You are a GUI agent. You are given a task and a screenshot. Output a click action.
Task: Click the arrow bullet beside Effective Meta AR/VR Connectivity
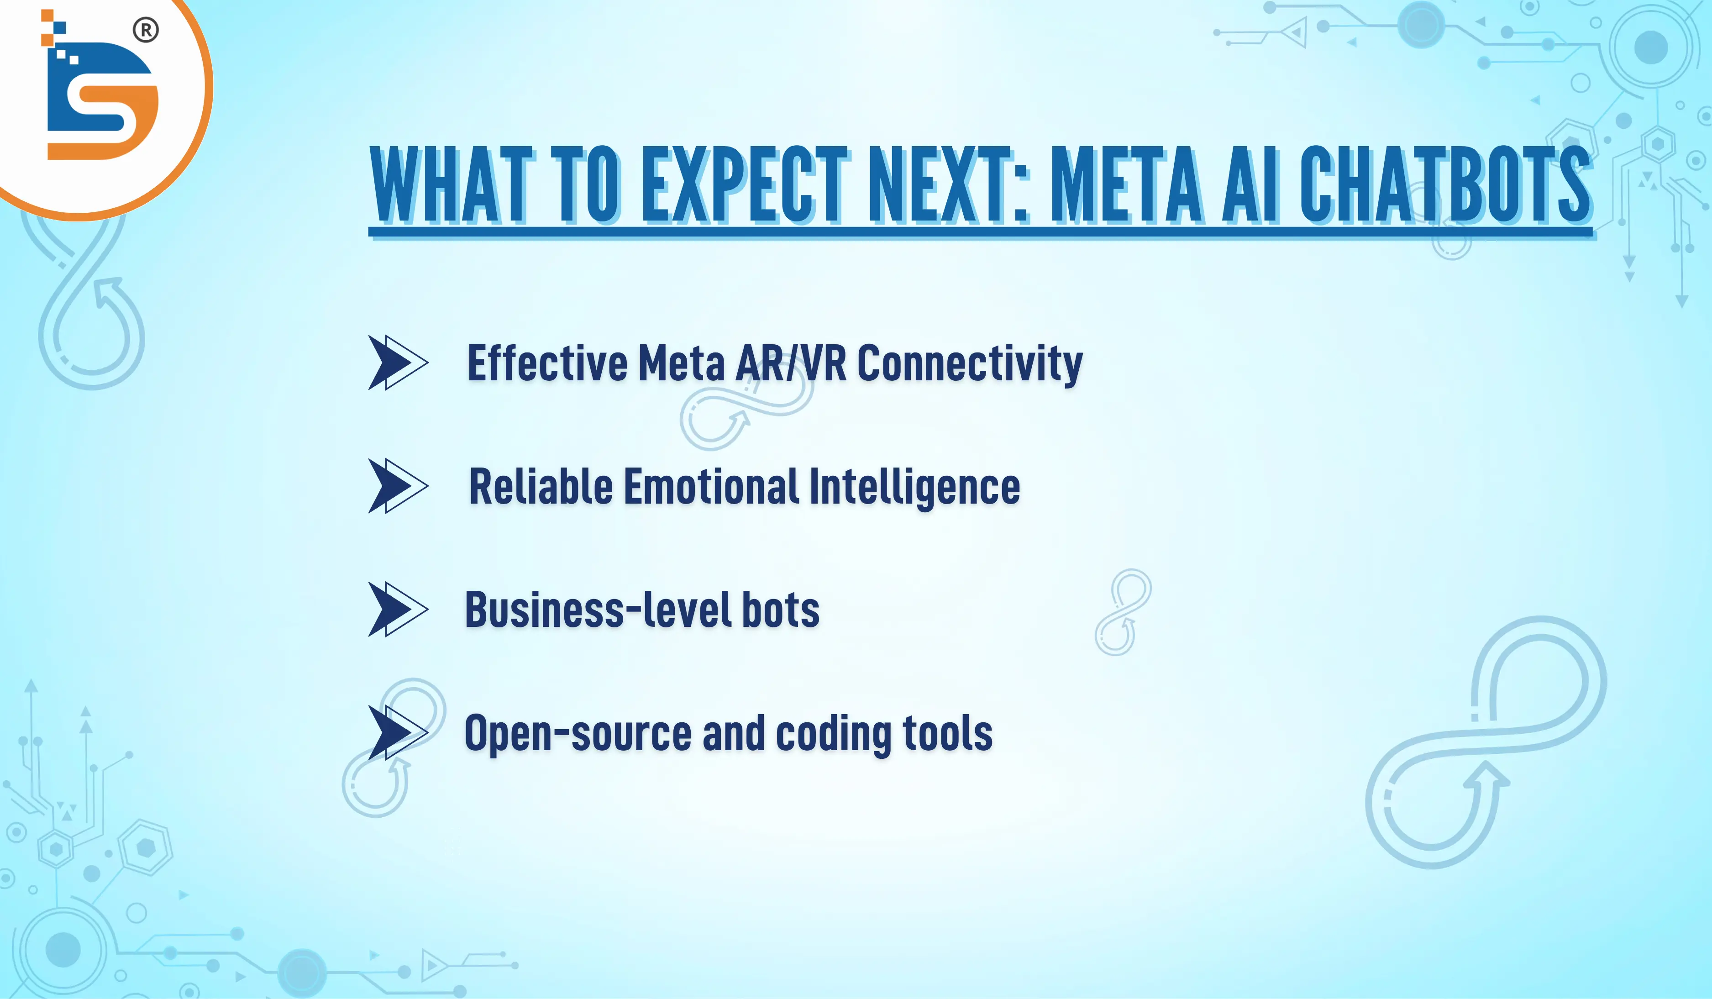point(398,362)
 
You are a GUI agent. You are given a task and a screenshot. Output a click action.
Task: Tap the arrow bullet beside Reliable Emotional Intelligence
point(398,486)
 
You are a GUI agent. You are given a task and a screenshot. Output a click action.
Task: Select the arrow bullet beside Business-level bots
point(398,609)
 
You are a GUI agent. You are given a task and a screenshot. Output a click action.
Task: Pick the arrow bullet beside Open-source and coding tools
point(398,733)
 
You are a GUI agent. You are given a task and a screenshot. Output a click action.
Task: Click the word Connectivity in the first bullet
point(970,363)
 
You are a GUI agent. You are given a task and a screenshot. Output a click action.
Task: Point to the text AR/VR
point(792,363)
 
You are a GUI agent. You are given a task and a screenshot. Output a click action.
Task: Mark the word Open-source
point(578,734)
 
